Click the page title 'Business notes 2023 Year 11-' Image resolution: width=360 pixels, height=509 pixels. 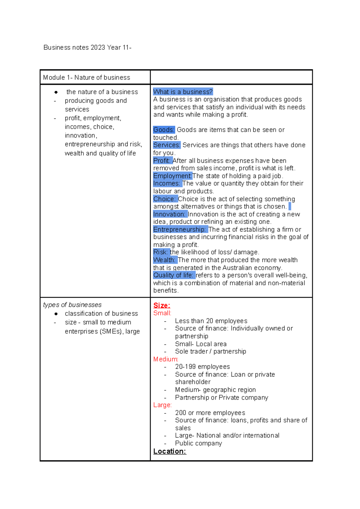click(x=87, y=47)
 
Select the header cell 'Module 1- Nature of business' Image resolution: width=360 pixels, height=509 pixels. click(x=86, y=78)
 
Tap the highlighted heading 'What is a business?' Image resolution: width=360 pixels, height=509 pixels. click(x=183, y=92)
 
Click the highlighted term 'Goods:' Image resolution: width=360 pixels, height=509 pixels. click(x=164, y=130)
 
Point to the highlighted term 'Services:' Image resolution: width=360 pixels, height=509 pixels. click(x=167, y=145)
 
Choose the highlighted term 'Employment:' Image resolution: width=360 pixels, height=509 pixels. click(x=172, y=176)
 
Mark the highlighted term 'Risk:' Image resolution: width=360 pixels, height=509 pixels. click(x=160, y=252)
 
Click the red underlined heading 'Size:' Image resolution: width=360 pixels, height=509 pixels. click(x=162, y=305)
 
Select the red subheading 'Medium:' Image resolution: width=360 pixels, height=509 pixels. click(x=166, y=359)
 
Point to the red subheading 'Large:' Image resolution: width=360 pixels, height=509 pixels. click(x=162, y=405)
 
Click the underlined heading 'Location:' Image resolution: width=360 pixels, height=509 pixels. click(x=169, y=451)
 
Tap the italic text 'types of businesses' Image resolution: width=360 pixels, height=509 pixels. click(x=72, y=305)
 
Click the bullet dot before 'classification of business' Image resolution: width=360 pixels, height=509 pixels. click(x=56, y=314)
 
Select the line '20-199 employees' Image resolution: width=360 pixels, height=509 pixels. click(x=202, y=367)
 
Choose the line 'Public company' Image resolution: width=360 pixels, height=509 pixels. click(x=198, y=443)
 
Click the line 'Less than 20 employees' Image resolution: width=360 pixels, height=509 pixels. click(x=211, y=321)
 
